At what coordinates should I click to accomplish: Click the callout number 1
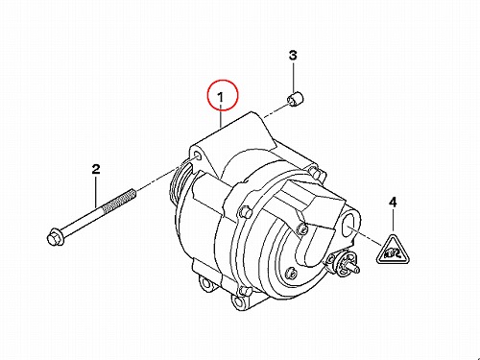coord(221,98)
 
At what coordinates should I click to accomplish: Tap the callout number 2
coord(96,170)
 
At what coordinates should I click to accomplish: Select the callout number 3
coord(293,56)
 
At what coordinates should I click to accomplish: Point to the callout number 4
coord(393,203)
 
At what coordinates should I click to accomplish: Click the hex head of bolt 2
coord(54,237)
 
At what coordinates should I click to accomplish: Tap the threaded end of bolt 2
coord(120,201)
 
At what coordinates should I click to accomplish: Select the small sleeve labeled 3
coord(295,98)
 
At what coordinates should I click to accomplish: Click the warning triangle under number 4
coord(393,252)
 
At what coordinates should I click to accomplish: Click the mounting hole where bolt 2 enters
coord(198,156)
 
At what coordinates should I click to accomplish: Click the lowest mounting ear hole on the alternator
coord(238,301)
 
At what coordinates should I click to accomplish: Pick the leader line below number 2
coord(96,192)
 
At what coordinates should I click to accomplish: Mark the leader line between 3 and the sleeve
coord(293,77)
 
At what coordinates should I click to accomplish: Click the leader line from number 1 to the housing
coord(221,116)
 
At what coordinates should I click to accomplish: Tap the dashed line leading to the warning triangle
coord(366,236)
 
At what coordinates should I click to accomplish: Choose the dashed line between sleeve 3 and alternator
coord(276,111)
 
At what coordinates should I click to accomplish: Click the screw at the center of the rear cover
coord(301,228)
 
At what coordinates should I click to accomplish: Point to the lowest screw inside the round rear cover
coord(292,273)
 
